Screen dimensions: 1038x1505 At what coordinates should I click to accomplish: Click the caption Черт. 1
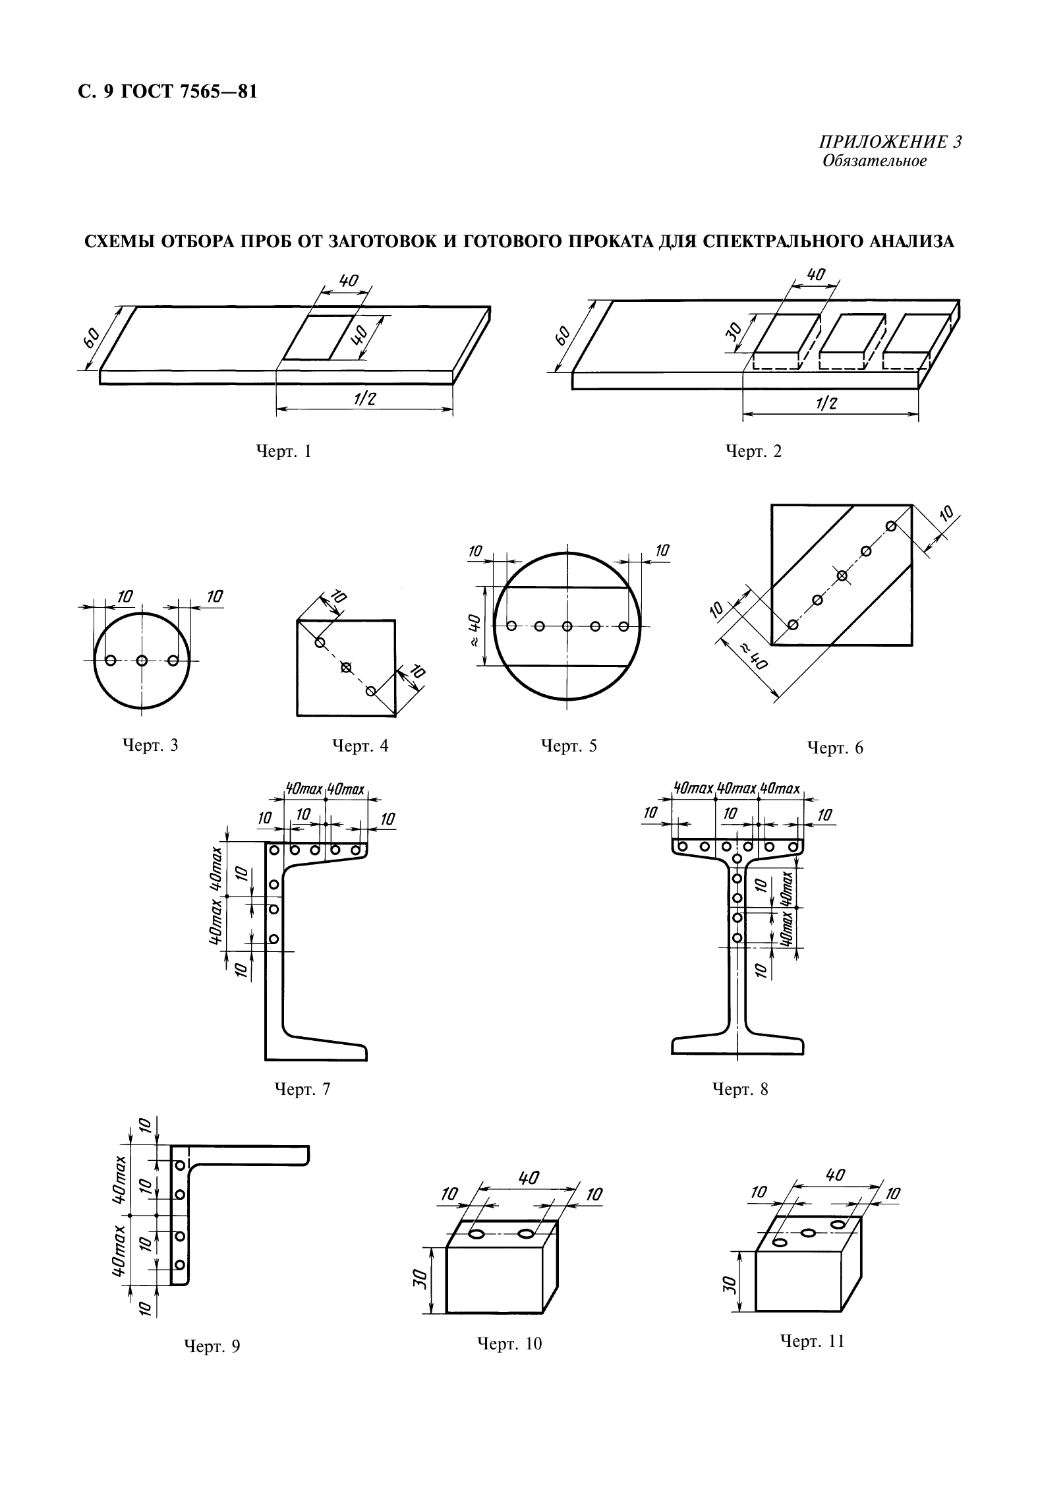click(283, 452)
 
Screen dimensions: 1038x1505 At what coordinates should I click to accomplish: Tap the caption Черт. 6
click(835, 748)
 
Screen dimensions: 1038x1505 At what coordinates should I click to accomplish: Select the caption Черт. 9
click(212, 1346)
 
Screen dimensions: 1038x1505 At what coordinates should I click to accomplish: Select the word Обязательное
click(874, 162)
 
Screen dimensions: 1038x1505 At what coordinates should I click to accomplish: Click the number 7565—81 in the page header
click(217, 92)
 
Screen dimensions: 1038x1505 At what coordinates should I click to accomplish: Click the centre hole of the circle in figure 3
click(142, 660)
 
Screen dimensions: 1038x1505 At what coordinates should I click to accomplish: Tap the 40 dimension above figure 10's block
click(529, 1177)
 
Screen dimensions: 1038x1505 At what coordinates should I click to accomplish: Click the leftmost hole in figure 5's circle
click(510, 626)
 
